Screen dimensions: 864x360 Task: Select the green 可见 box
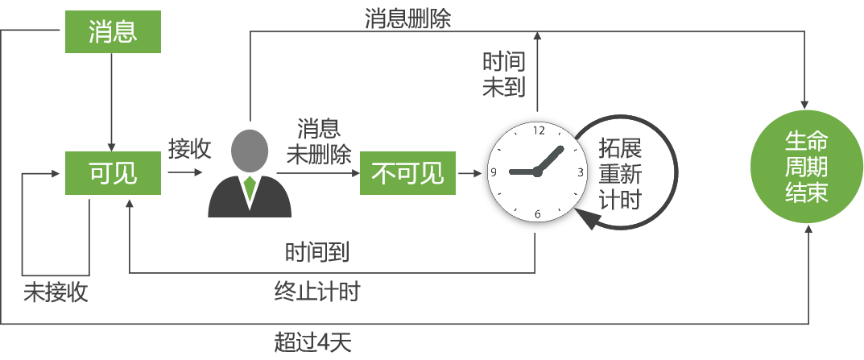point(112,172)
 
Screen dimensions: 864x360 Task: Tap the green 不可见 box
point(407,172)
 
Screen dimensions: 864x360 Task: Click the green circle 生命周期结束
point(806,167)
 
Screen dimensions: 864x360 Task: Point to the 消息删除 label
point(407,19)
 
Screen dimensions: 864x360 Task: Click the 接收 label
point(189,149)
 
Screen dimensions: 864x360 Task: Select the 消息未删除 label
point(319,142)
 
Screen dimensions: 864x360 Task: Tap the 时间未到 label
point(504,74)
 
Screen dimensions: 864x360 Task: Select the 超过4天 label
point(313,342)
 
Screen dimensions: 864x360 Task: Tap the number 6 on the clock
point(538,213)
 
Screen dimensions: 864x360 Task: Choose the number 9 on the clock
point(494,172)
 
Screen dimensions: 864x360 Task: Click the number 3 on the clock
point(581,172)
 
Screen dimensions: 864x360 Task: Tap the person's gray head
point(250,150)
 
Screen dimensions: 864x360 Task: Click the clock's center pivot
point(538,172)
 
